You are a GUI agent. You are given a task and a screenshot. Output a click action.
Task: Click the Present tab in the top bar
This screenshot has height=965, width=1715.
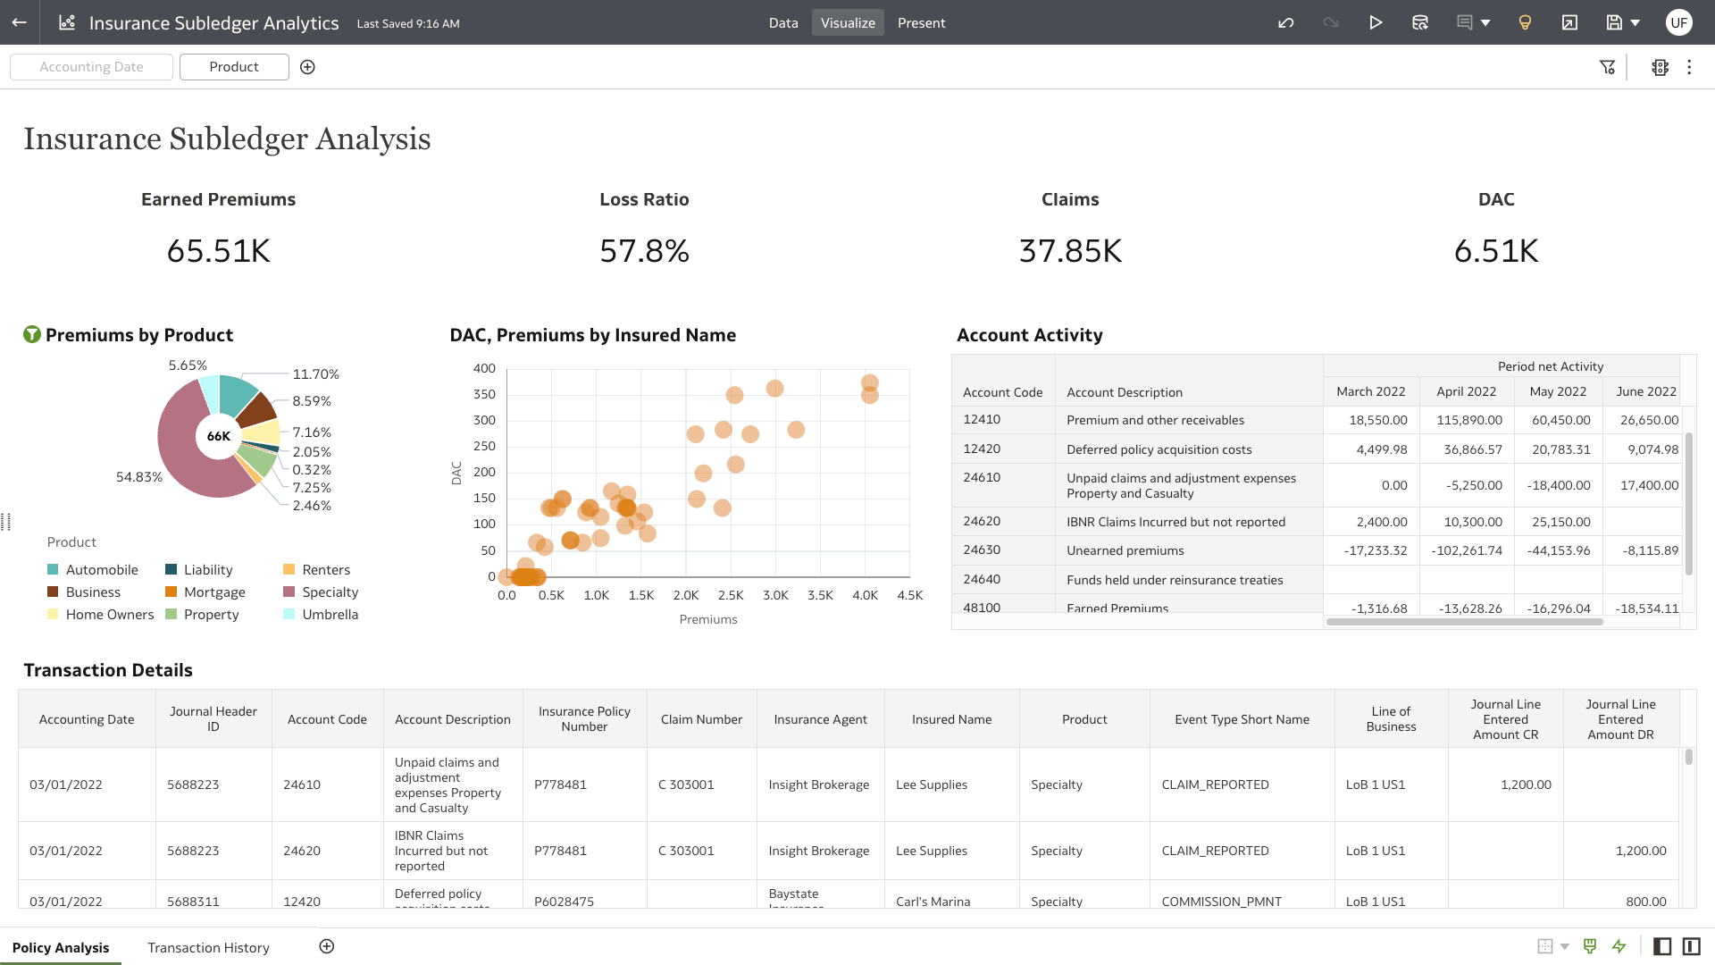921,23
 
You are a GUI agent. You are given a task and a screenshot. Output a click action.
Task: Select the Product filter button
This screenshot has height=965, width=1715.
234,67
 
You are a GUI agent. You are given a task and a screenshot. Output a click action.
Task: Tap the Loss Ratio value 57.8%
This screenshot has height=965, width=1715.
644,251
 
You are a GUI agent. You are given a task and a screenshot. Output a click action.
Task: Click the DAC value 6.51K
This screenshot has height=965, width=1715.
1496,251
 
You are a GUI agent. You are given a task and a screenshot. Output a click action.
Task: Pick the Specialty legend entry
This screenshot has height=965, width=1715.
330,592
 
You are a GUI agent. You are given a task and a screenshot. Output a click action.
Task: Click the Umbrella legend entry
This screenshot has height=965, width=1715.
330,615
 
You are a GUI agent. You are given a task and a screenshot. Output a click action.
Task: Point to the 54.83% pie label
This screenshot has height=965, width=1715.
139,477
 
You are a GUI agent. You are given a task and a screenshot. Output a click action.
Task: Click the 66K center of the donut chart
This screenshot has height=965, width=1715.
219,436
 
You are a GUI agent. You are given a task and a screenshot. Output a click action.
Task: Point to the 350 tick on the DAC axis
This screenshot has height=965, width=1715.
484,394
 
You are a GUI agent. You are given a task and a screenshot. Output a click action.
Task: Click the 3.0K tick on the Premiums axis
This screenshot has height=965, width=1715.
775,595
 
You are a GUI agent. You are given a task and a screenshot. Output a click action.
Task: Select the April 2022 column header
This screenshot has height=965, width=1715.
1466,391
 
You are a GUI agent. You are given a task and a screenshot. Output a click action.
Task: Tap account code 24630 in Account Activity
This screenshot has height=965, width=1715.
982,550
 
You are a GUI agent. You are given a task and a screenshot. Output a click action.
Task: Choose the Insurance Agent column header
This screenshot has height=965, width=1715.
820,719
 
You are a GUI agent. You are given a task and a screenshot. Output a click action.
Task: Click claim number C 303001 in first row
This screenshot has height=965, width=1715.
686,785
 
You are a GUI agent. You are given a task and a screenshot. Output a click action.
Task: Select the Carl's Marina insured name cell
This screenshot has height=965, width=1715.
933,901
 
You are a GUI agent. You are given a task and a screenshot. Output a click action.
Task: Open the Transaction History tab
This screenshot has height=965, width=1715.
208,947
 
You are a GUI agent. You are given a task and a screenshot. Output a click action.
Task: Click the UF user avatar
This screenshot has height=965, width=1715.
1678,22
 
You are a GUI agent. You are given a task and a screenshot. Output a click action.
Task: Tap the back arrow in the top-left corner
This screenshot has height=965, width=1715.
20,22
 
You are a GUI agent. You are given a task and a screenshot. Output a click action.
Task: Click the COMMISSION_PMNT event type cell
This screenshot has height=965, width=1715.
1221,901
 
